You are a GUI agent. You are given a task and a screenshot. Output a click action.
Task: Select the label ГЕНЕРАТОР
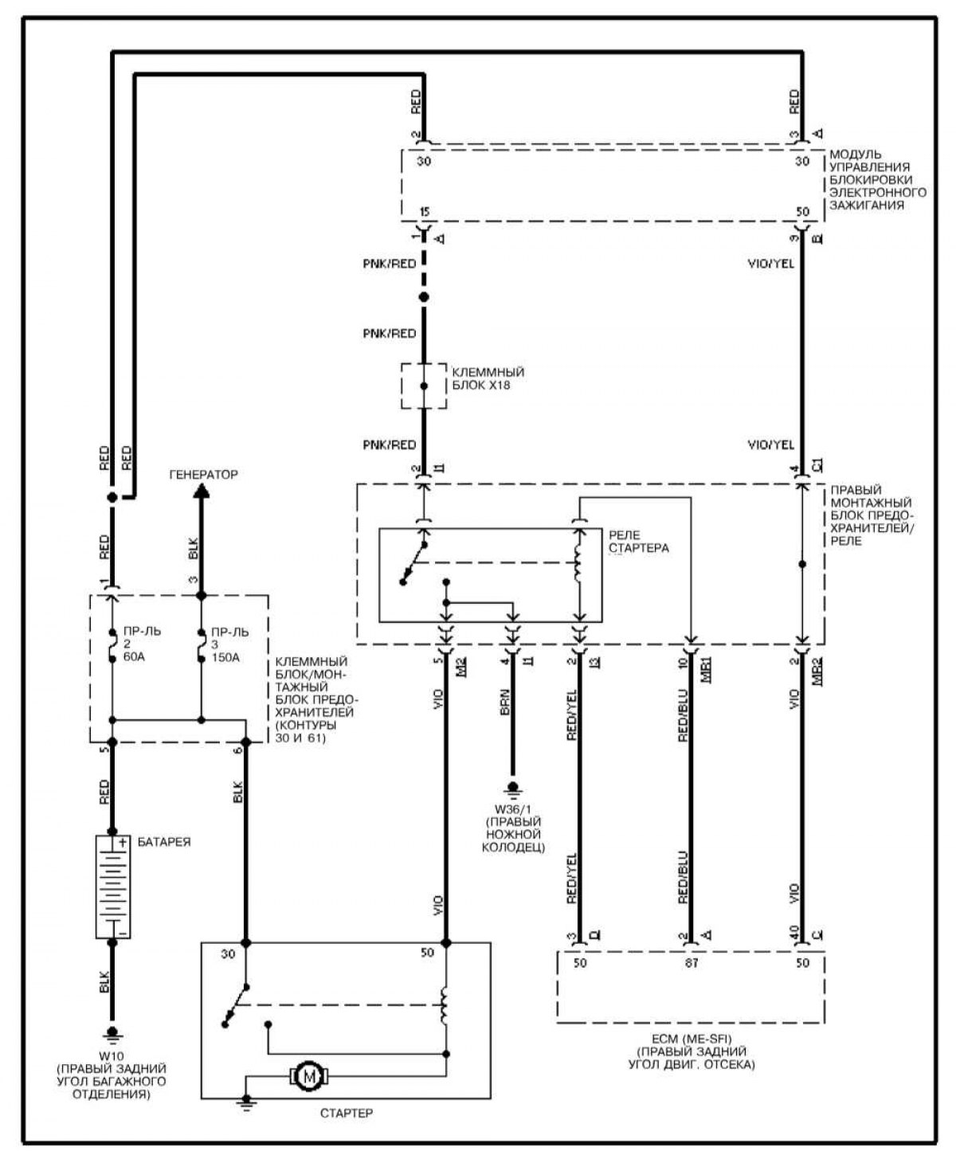click(x=203, y=475)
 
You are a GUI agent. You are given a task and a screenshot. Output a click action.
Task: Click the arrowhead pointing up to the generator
click(x=202, y=493)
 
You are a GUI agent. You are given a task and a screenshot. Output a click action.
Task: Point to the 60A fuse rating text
click(x=135, y=657)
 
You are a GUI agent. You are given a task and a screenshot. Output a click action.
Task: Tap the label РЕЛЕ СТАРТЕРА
click(x=638, y=542)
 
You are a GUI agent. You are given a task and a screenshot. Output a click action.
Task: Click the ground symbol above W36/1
click(x=513, y=788)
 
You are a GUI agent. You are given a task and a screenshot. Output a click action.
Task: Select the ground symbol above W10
click(x=112, y=1034)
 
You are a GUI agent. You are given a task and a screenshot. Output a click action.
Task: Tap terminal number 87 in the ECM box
click(x=691, y=963)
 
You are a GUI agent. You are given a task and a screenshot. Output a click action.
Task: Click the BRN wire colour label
click(x=504, y=699)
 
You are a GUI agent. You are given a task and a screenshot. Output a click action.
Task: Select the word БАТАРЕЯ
click(x=164, y=842)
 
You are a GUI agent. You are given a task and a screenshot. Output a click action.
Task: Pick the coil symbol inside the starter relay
click(x=579, y=565)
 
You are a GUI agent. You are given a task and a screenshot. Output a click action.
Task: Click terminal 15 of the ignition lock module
click(x=425, y=212)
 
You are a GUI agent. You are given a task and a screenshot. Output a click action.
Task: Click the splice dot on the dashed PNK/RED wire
click(x=424, y=297)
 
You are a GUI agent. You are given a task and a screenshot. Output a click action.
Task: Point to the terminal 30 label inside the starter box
click(x=228, y=954)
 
